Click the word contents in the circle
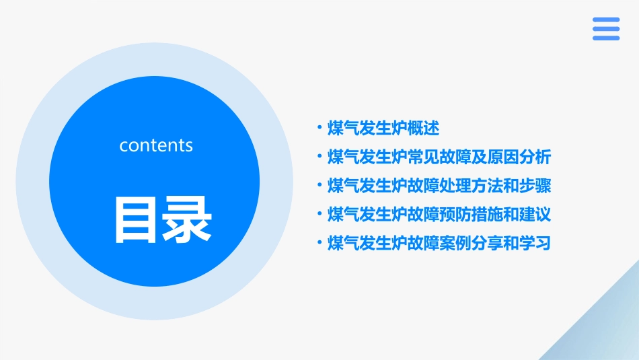156,145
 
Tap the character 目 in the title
132,219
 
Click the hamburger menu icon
605,29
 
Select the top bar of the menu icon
605,20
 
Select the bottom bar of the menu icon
605,38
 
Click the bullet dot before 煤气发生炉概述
319,128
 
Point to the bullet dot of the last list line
319,243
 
